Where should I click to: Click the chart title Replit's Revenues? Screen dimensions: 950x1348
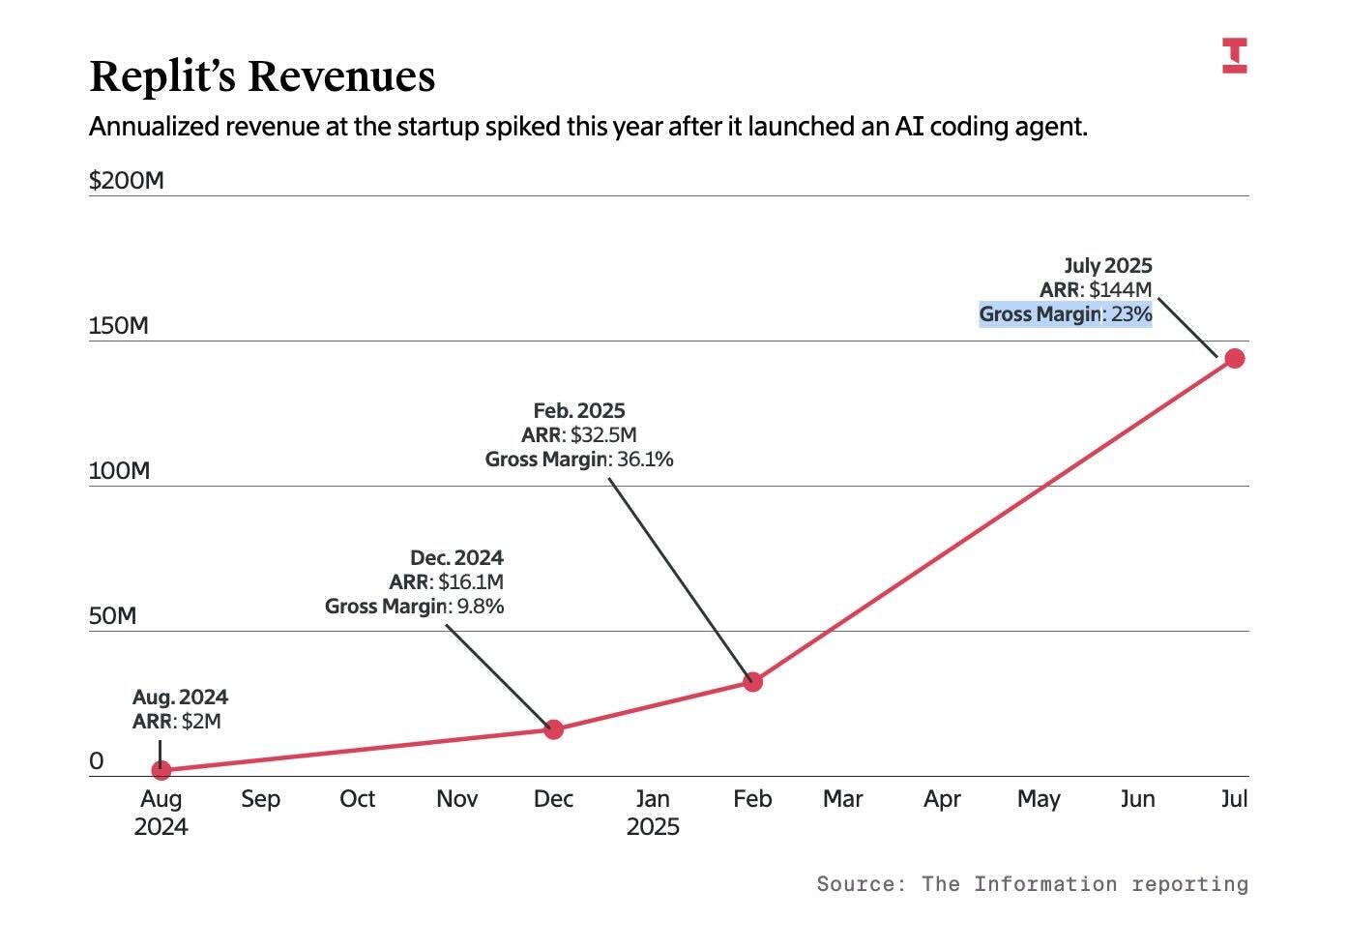(x=262, y=76)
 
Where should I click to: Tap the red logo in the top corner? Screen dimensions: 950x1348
(x=1234, y=55)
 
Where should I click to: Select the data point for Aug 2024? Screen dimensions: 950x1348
(x=161, y=770)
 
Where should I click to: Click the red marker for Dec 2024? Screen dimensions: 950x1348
(x=553, y=729)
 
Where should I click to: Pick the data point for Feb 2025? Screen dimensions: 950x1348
(x=752, y=682)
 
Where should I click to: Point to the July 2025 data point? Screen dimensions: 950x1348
(x=1234, y=359)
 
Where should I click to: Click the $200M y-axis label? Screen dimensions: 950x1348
(x=127, y=181)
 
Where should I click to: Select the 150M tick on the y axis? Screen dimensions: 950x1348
(x=119, y=326)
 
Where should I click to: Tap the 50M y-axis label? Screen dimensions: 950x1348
(x=113, y=616)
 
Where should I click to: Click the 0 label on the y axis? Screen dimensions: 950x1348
(x=96, y=761)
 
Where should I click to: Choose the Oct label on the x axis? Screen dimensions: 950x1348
(x=357, y=799)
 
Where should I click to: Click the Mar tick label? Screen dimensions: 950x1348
(x=842, y=799)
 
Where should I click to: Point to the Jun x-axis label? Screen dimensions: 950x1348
(x=1137, y=799)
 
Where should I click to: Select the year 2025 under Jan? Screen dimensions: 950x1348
(x=653, y=827)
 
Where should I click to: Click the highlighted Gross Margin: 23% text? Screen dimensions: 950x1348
(x=1065, y=314)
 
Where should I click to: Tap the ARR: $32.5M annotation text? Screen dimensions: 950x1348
(x=578, y=435)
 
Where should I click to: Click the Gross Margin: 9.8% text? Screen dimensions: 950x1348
(x=414, y=607)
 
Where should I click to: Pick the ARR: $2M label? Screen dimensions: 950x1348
(x=176, y=722)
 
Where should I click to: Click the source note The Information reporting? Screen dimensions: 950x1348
(x=1032, y=883)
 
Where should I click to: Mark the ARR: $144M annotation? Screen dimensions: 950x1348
(x=1096, y=290)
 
